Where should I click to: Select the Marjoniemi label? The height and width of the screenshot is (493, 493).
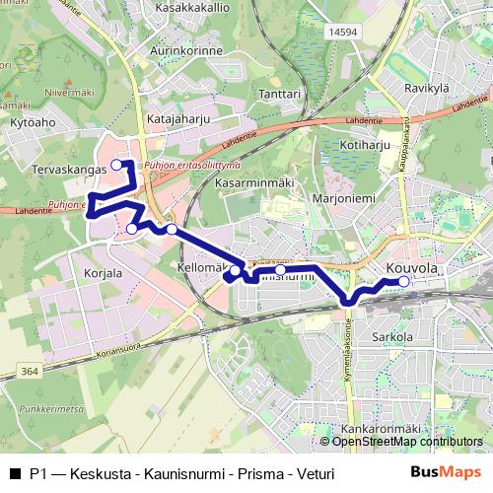click(x=343, y=197)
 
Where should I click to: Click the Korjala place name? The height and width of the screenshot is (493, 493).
click(x=103, y=272)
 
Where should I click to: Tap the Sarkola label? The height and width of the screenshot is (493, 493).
click(x=394, y=338)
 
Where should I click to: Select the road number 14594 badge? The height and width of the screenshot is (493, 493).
click(x=343, y=33)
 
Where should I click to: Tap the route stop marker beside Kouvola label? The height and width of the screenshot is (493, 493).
click(x=403, y=282)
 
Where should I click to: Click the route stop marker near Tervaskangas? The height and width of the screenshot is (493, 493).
click(x=116, y=164)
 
